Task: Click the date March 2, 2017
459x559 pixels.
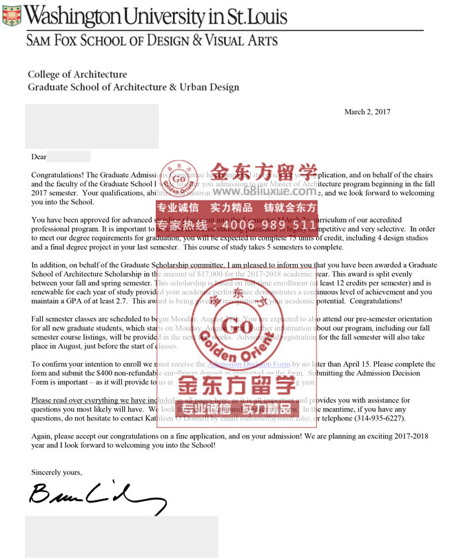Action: pos(367,112)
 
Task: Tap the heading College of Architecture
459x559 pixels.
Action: pos(77,74)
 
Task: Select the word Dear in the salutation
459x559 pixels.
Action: pos(39,157)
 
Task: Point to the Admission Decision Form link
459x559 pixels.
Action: pos(248,364)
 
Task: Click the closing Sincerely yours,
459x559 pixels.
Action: pos(57,472)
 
